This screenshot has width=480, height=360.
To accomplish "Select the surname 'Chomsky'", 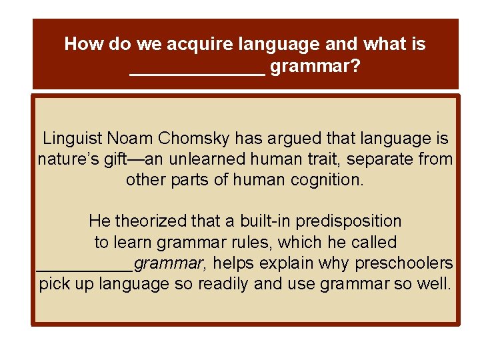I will pos(194,139).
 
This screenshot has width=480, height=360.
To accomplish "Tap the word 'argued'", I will pos(293,139).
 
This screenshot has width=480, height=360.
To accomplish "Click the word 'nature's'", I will pos(66,160).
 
